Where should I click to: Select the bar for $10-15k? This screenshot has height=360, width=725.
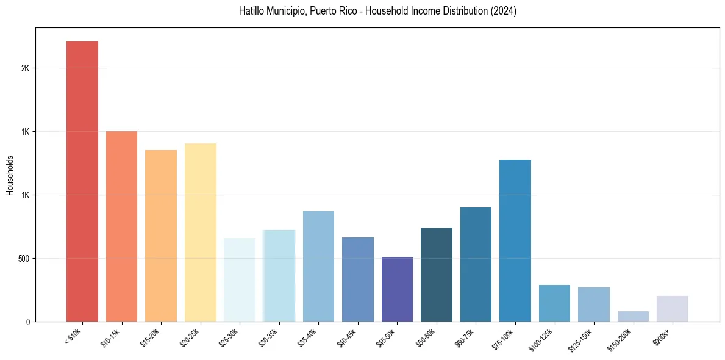[121, 226]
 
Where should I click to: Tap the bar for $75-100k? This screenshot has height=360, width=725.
[515, 240]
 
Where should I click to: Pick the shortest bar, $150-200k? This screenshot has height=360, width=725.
[633, 316]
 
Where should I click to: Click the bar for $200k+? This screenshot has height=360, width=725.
[672, 309]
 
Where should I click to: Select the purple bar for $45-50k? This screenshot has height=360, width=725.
[397, 289]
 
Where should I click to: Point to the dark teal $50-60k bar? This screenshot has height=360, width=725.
[436, 275]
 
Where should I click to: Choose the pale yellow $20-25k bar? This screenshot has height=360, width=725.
[200, 232]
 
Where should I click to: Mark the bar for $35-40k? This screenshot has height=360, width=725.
[318, 266]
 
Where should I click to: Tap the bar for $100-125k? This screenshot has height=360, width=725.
[554, 303]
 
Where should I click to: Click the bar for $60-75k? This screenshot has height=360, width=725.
[476, 264]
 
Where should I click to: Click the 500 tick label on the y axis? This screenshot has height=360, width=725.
[24, 259]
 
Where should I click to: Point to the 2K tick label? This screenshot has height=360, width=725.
[26, 68]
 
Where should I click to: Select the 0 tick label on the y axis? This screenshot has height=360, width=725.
[27, 322]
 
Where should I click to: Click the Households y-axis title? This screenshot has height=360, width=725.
[10, 175]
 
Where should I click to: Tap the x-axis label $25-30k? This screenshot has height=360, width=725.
[228, 337]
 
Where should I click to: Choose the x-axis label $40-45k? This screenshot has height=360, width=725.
[346, 337]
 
